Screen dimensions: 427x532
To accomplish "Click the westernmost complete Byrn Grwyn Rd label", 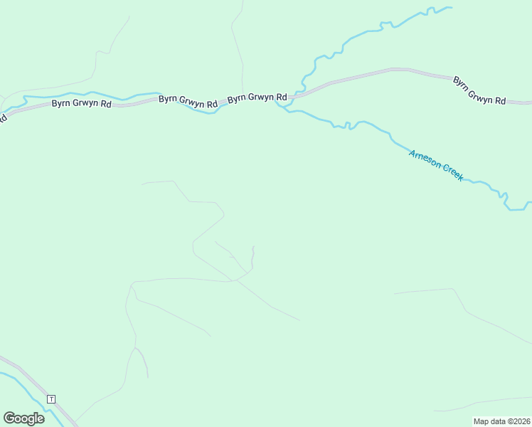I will (x=81, y=103).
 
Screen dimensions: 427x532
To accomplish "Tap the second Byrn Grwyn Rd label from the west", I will (x=188, y=101).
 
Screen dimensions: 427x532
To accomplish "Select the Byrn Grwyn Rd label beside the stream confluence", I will (x=257, y=97).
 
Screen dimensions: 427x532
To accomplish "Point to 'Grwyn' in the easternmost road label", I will (x=482, y=96).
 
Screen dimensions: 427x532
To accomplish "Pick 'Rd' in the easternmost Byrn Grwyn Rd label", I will (x=499, y=101).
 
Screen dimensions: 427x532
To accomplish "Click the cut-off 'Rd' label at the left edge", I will (x=3, y=117).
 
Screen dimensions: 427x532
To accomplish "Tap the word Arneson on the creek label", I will (x=425, y=160).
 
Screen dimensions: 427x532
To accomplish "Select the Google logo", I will (x=23, y=418).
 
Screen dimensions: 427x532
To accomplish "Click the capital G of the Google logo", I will (x=9, y=418).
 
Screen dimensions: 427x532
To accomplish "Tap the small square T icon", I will (x=50, y=399).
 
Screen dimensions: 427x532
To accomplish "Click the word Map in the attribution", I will (x=481, y=421).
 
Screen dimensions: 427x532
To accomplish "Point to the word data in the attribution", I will (x=497, y=421).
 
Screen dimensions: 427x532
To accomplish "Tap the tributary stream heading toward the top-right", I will (x=356, y=37).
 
